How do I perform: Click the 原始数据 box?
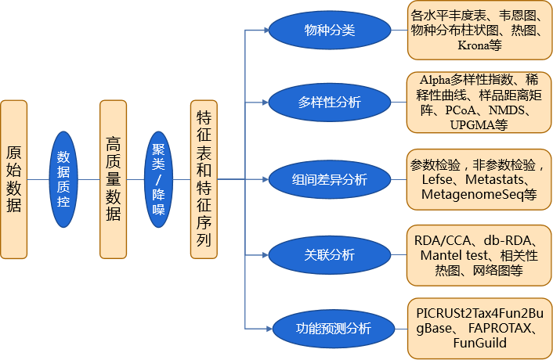click(x=13, y=179)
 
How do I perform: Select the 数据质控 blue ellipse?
click(x=63, y=179)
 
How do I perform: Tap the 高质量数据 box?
click(x=113, y=179)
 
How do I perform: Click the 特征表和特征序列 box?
click(x=204, y=179)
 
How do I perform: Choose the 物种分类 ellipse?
click(x=329, y=31)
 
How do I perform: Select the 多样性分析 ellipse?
click(x=329, y=101)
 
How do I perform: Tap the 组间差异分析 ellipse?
click(x=329, y=179)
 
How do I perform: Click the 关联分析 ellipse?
click(x=329, y=255)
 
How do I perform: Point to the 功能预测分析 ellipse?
click(x=329, y=329)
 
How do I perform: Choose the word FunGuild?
click(x=479, y=344)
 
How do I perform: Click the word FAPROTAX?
click(x=501, y=329)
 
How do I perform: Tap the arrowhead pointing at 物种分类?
click(x=266, y=31)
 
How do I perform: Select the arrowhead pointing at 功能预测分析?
click(x=266, y=329)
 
